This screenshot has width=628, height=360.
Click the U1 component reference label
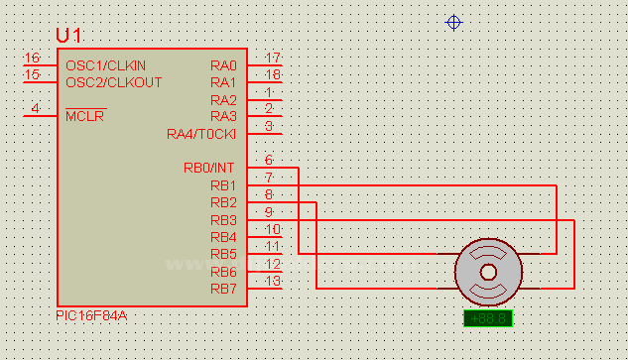tap(69, 35)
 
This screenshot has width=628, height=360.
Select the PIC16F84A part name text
tap(91, 315)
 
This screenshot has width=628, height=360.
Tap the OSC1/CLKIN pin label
tap(106, 65)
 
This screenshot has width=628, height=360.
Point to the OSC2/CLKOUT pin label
tap(113, 82)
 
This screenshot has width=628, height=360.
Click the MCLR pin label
tap(85, 116)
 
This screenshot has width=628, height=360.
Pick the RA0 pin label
tap(223, 65)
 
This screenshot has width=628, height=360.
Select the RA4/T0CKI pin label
tap(201, 134)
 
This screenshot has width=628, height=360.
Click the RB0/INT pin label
tap(209, 168)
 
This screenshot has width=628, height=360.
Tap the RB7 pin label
tap(223, 289)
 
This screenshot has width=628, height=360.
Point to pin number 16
tap(32, 59)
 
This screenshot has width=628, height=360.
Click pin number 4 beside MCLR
tap(36, 109)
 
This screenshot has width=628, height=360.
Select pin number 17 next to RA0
tap(273, 59)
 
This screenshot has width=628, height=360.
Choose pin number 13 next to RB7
tap(273, 282)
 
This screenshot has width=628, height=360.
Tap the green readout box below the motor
tap(488, 318)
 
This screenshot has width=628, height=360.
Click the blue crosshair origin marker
tap(453, 22)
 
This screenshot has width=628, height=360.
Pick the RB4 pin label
tap(223, 237)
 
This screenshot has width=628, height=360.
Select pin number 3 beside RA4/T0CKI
tap(269, 126)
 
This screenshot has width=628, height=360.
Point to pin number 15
tap(32, 75)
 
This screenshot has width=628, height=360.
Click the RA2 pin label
tap(223, 100)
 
